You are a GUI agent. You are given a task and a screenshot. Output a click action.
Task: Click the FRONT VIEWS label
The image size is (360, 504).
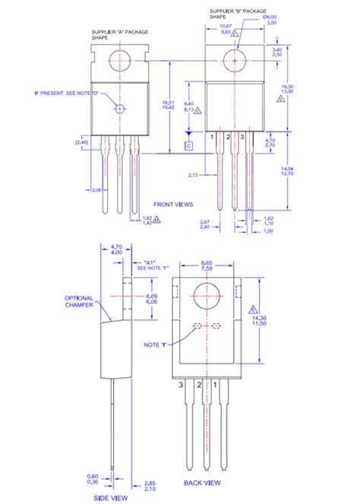click(x=172, y=204)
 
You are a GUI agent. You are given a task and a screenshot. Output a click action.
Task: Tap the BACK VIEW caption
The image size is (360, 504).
click(x=204, y=482)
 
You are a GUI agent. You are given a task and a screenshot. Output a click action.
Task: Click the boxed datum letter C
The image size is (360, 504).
click(x=188, y=145)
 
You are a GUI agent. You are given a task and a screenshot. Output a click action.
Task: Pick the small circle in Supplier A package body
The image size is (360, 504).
click(x=119, y=109)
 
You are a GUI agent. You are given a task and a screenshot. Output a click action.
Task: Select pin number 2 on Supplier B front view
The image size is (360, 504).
click(x=228, y=136)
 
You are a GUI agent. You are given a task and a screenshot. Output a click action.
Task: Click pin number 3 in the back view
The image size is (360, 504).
click(x=181, y=385)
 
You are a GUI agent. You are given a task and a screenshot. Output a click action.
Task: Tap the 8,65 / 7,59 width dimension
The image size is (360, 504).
click(x=206, y=264)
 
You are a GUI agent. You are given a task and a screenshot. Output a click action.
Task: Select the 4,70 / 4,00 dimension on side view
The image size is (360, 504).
click(x=117, y=250)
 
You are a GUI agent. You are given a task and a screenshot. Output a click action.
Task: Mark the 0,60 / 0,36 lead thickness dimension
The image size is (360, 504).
click(x=92, y=479)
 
